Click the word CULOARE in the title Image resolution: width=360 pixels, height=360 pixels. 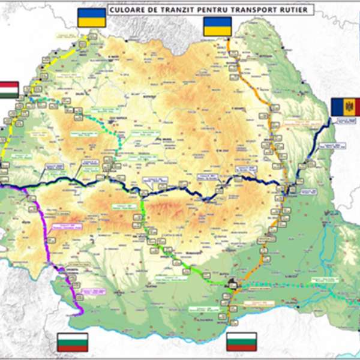(x=128, y=10)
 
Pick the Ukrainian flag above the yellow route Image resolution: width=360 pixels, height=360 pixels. (x=92, y=18)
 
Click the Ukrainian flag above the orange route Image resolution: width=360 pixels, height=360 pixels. (x=217, y=26)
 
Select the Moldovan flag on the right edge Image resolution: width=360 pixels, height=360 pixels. (x=345, y=107)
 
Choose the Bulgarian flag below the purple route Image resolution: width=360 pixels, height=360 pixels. (x=72, y=341)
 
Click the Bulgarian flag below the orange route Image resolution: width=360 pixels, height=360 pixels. (x=242, y=341)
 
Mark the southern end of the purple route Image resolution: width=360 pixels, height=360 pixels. (x=78, y=312)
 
